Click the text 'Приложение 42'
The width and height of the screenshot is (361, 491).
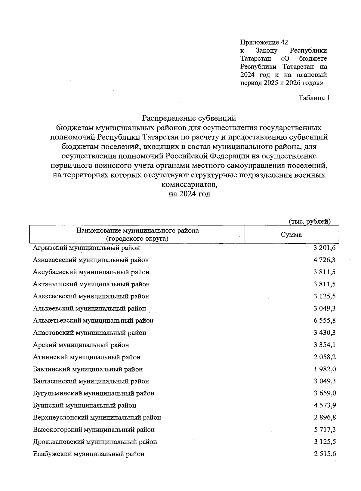(x=264, y=42)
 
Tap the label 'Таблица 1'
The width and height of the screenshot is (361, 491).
(x=314, y=98)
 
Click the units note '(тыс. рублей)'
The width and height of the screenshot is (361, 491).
(x=310, y=221)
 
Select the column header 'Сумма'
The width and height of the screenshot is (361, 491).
(x=291, y=235)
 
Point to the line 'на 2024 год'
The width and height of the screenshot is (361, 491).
(x=189, y=194)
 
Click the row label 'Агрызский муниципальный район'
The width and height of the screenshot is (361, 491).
(x=86, y=248)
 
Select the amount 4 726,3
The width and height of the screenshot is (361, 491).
(x=324, y=260)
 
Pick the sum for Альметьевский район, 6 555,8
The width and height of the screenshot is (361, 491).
(x=324, y=321)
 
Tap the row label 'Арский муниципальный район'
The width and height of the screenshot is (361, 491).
(x=81, y=345)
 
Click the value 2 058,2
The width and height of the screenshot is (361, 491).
(x=324, y=357)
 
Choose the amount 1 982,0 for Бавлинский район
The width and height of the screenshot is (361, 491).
(x=324, y=369)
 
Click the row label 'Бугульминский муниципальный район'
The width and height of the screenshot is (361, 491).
(x=94, y=393)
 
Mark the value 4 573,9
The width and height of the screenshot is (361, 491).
(x=324, y=405)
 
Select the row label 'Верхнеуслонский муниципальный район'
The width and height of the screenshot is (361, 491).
(x=97, y=418)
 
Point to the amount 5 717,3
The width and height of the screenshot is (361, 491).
(x=324, y=430)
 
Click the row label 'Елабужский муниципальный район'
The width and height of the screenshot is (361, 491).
(x=88, y=454)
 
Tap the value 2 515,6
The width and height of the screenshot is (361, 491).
(x=324, y=454)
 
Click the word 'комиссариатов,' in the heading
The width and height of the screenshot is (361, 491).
(x=189, y=184)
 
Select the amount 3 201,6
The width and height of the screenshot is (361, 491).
(x=324, y=248)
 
